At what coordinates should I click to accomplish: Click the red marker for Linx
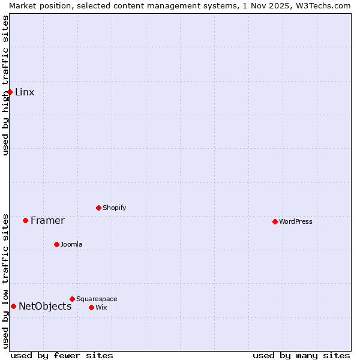coord(10,92)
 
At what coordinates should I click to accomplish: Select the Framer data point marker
coord(26,220)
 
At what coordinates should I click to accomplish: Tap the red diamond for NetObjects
coord(13,306)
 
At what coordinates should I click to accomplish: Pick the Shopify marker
coord(98,208)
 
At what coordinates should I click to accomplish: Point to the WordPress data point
coord(275,221)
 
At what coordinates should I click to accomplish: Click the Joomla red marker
coord(56,244)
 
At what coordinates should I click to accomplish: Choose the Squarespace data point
coord(72,299)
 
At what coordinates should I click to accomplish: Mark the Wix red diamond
coord(91,307)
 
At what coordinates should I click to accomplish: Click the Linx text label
coord(25,92)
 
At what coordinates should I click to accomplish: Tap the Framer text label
coord(47,220)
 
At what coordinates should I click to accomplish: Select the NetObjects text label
coord(45,306)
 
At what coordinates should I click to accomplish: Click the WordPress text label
coord(296,221)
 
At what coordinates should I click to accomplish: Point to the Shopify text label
coord(114,208)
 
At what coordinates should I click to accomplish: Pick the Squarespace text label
coord(97,299)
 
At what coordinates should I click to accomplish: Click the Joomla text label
coord(71,244)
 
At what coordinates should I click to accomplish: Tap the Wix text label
coord(101,307)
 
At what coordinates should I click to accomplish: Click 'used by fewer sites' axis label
coord(62,355)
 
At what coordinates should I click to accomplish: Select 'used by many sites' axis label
coord(301,355)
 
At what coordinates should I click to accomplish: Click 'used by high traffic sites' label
coord(5,85)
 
